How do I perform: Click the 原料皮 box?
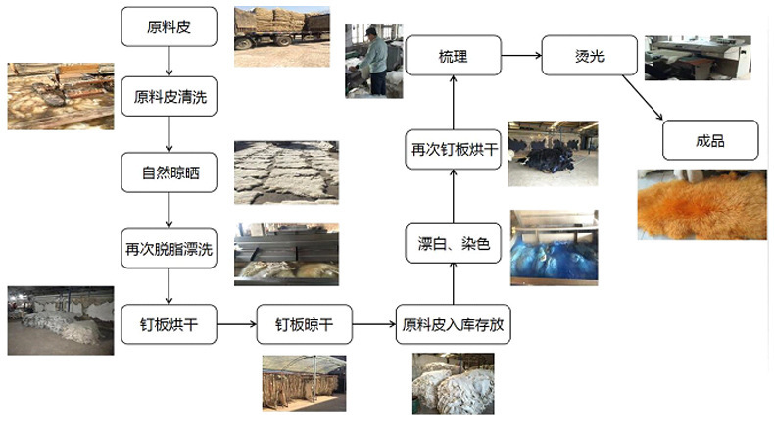coord(169,26)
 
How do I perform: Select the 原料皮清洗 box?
coord(169,98)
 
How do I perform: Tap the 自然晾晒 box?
coord(169,172)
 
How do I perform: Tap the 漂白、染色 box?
coord(454,243)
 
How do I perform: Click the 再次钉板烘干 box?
coord(454,149)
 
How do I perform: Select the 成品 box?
coord(711,139)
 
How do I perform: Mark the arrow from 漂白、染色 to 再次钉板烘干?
coord(454,196)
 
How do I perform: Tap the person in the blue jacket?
coord(373,60)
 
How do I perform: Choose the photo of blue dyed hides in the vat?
coord(553,244)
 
